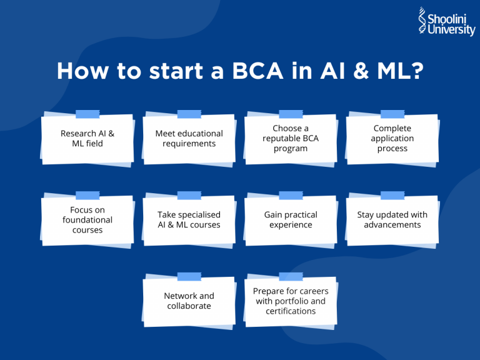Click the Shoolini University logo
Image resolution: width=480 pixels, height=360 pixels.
446,21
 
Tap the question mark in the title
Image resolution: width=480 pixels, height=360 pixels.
413,71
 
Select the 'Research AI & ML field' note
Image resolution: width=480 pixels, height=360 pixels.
87,139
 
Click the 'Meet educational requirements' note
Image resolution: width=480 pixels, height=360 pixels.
189,139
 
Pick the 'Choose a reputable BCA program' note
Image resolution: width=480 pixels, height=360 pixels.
291,139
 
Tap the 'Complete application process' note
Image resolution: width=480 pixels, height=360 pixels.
392,139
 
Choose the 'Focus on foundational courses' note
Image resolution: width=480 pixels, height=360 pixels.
87,220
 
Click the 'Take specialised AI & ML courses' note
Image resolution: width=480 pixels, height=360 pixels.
189,220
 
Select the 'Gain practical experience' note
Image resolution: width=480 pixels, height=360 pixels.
291,220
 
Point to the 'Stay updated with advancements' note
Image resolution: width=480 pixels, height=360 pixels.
392,220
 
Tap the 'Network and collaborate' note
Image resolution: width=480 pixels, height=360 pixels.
189,301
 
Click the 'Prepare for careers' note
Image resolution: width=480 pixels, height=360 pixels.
291,301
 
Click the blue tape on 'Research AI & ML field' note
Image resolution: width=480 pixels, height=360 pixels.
87,114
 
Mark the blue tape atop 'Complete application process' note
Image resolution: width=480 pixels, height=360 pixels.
392,114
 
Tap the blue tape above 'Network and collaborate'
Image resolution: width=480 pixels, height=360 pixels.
189,276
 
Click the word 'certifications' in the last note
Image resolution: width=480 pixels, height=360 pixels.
291,311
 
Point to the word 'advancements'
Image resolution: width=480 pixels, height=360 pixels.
392,225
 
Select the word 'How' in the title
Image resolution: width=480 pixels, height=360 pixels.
79,71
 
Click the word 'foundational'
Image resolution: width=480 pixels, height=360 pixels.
87,220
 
